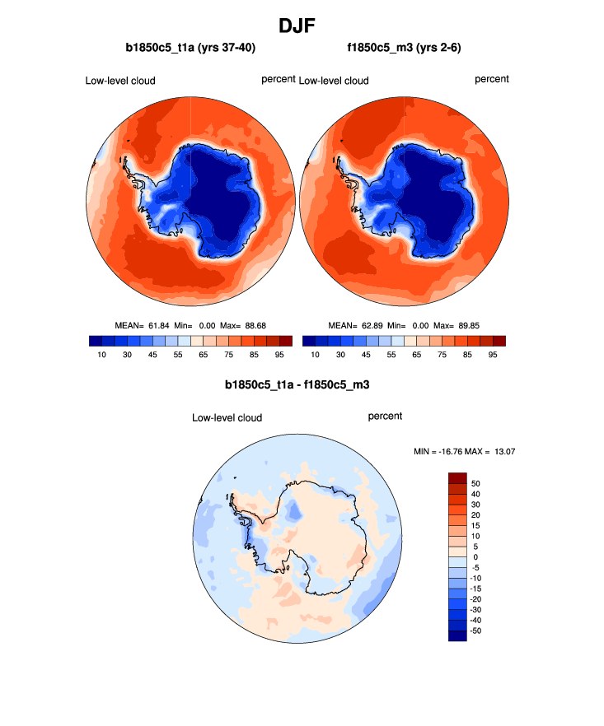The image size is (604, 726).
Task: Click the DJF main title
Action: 302,26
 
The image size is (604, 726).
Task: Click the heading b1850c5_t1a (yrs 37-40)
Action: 190,49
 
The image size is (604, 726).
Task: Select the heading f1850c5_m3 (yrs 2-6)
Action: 404,49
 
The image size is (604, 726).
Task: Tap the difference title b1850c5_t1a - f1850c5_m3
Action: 302,384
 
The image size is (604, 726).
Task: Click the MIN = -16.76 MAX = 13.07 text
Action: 464,451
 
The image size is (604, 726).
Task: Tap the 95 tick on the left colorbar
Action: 279,354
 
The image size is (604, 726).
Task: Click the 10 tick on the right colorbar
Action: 316,354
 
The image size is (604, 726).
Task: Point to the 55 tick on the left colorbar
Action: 177,354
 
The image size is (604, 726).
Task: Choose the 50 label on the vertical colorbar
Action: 475,483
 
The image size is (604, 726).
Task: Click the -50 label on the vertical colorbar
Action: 475,631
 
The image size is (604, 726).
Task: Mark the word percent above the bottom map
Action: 385,417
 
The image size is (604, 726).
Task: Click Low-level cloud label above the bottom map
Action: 227,418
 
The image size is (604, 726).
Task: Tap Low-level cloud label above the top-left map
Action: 120,81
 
